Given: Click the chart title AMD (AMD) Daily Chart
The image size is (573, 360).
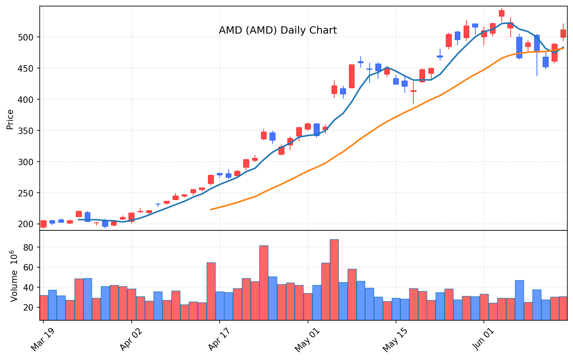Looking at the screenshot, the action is pyautogui.click(x=278, y=30).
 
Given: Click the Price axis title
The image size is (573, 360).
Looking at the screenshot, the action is pyautogui.click(x=10, y=119).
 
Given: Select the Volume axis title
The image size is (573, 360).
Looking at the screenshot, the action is pyautogui.click(x=14, y=276).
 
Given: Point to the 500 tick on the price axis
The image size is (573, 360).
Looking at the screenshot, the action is pyautogui.click(x=26, y=37).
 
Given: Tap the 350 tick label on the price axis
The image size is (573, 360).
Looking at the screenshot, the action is pyautogui.click(x=26, y=131).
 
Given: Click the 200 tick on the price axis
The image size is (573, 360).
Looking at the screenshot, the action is pyautogui.click(x=26, y=224).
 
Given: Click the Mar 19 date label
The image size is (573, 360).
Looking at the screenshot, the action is pyautogui.click(x=43, y=339).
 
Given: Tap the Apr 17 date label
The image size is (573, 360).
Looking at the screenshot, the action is pyautogui.click(x=219, y=339).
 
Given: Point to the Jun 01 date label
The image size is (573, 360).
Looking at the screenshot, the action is pyautogui.click(x=483, y=339).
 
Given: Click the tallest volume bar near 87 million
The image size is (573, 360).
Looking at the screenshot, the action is pyautogui.click(x=334, y=280).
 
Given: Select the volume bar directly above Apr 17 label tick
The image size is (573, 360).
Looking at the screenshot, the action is pyautogui.click(x=220, y=306).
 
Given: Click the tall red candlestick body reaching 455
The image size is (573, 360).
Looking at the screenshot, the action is pyautogui.click(x=352, y=76).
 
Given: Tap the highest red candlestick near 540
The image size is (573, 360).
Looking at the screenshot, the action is pyautogui.click(x=502, y=13).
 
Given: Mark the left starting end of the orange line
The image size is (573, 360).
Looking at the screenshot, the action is pyautogui.click(x=211, y=210).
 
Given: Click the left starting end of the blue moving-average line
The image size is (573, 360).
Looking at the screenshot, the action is pyautogui.click(x=79, y=219).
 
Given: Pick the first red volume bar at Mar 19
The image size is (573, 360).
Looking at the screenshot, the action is pyautogui.click(x=44, y=308).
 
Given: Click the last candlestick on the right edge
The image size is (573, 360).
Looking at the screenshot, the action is pyautogui.click(x=563, y=34).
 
